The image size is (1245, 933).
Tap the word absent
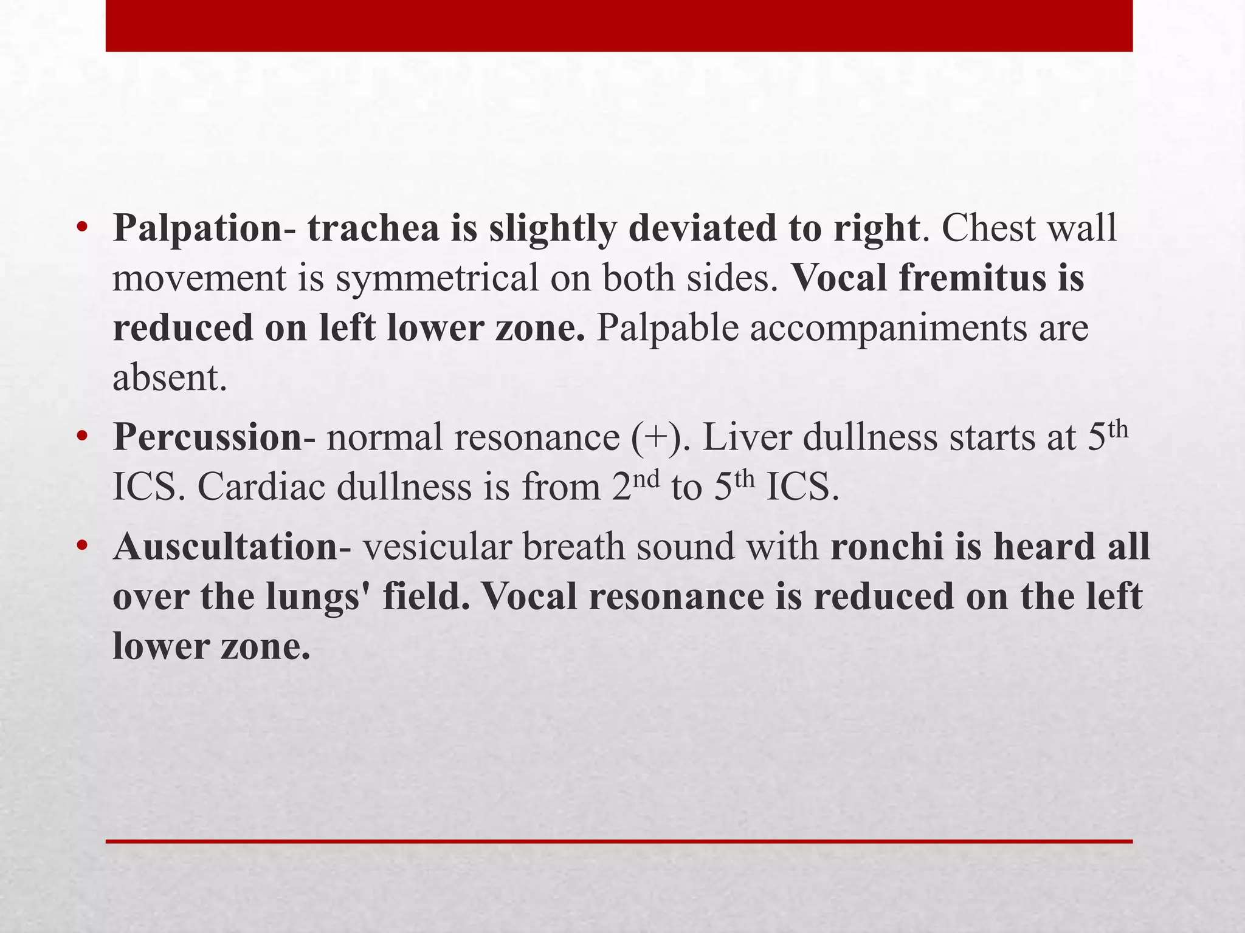(x=169, y=378)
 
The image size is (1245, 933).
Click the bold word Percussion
(x=207, y=437)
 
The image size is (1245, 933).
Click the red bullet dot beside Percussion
(x=83, y=437)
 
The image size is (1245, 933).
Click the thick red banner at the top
(x=619, y=26)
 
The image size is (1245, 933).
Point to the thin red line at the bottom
(x=619, y=841)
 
